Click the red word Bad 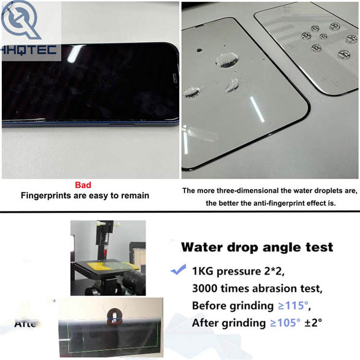[83, 184]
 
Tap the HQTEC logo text [29, 49]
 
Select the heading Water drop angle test [257, 247]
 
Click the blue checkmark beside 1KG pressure [178, 271]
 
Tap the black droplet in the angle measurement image [114, 316]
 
